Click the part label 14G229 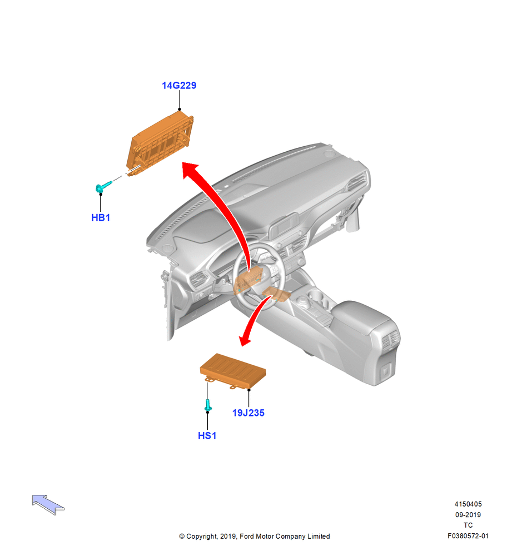[x=179, y=86]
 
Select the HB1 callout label [x=101, y=218]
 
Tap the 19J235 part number [x=248, y=413]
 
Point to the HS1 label [x=207, y=435]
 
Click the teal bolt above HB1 [x=103, y=186]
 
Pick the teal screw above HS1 [x=208, y=405]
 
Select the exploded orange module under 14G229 [x=160, y=143]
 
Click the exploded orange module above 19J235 [x=232, y=370]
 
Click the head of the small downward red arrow [x=245, y=340]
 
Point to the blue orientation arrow [x=48, y=504]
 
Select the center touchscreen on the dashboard [x=283, y=225]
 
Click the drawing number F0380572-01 [x=468, y=536]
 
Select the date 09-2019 [x=468, y=514]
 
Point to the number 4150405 [x=468, y=504]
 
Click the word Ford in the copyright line [x=247, y=537]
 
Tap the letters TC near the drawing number [x=468, y=525]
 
